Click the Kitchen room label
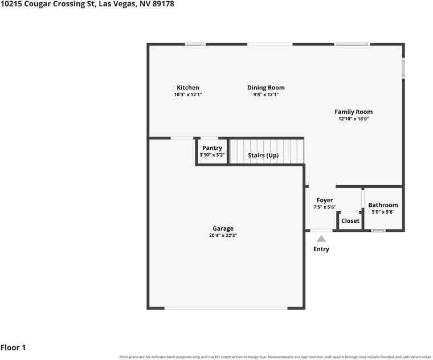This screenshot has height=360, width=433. pos(188,88)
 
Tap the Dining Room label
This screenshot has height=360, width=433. pos(265,88)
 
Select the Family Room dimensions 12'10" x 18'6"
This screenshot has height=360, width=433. pos(354,118)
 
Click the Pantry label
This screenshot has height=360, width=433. pos(212,148)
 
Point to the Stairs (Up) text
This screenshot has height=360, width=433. pos(263,156)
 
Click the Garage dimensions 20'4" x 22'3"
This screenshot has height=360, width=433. pos(223,235)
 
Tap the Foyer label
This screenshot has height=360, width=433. pos(325,200)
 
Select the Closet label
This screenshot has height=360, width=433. pos(350,221)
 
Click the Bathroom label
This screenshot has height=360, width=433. pos(383,205)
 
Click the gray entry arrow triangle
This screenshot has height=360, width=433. pos(321,239)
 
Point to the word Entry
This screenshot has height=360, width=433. pos(321,249)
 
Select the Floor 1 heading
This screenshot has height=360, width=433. pos(13,347)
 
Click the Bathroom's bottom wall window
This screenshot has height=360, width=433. pos(378,231)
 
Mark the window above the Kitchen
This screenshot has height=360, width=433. pos(195,44)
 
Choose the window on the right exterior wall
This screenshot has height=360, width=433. pos(403,68)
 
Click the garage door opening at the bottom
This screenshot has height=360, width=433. pos(226,308)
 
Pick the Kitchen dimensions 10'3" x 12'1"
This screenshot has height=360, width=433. pos(188,95)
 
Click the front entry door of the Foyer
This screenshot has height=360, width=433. pos(321,230)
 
